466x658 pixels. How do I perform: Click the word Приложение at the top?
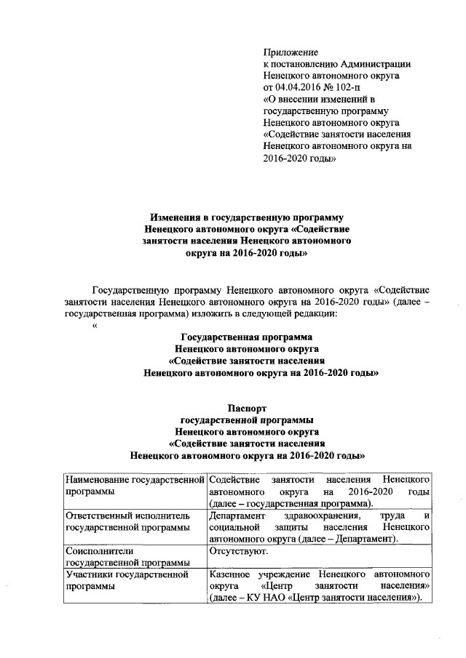click(291, 52)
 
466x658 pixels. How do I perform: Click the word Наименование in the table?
click(98, 481)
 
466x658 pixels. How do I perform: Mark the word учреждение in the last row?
click(284, 574)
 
